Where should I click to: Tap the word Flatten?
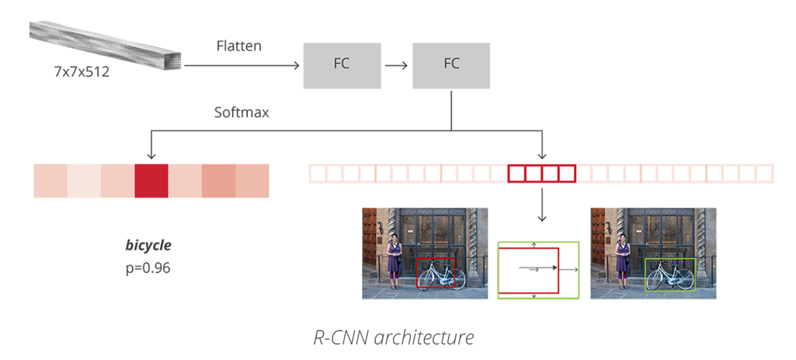pyautogui.click(x=239, y=46)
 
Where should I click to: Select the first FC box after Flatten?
pyautogui.click(x=341, y=64)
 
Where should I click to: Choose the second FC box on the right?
pyautogui.click(x=451, y=64)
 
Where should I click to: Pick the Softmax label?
pyautogui.click(x=241, y=113)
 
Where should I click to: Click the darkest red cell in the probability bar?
pyautogui.click(x=151, y=180)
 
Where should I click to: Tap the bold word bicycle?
pyautogui.click(x=148, y=245)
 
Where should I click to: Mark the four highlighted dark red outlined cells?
pyautogui.click(x=542, y=173)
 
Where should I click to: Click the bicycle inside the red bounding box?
pyautogui.click(x=443, y=274)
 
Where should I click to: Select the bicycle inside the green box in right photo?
pyautogui.click(x=671, y=274)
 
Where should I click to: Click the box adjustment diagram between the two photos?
pyautogui.click(x=538, y=269)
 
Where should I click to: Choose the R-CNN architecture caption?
pyautogui.click(x=394, y=336)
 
